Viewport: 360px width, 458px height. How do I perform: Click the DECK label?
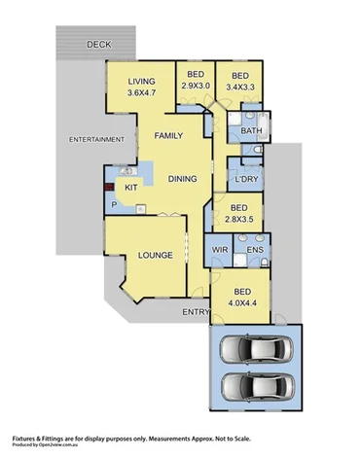pos(97,45)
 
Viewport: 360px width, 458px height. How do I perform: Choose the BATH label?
pos(249,129)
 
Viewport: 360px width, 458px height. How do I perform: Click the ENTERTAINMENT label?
pos(96,140)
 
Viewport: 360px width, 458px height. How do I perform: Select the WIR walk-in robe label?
pos(221,251)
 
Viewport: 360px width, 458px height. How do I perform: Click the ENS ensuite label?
pos(255,251)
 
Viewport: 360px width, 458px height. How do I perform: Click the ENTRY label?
pos(194,313)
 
